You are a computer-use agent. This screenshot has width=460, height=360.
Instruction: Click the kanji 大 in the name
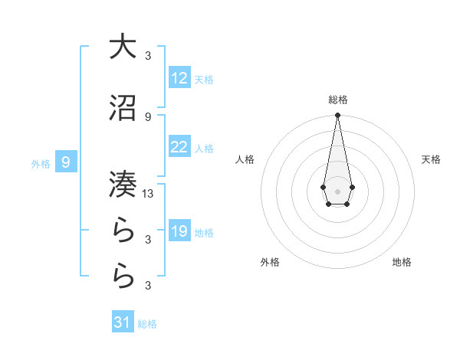123,47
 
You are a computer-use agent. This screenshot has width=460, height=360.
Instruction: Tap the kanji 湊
123,182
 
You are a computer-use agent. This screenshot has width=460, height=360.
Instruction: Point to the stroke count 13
148,194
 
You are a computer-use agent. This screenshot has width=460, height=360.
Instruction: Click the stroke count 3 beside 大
148,55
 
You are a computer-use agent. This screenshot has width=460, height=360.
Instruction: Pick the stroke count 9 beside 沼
148,116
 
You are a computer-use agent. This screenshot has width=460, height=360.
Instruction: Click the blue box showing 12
179,78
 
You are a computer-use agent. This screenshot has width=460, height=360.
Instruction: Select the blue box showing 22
179,147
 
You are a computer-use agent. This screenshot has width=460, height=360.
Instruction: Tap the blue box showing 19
179,231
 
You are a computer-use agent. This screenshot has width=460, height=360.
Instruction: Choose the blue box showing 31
123,322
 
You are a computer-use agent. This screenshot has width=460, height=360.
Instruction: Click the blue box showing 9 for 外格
67,162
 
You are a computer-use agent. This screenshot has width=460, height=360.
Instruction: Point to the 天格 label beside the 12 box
204,79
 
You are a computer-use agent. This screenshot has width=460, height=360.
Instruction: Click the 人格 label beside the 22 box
204,148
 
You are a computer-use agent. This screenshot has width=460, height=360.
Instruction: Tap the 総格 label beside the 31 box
147,324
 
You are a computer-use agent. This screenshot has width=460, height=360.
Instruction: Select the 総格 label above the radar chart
337,100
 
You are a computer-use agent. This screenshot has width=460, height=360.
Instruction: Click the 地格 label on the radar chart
402,263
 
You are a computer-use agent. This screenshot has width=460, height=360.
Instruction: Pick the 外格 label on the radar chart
270,263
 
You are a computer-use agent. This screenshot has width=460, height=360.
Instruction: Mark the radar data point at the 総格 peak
337,116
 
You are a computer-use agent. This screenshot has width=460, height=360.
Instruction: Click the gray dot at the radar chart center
337,191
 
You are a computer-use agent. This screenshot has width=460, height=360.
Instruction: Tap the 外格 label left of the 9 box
41,163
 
